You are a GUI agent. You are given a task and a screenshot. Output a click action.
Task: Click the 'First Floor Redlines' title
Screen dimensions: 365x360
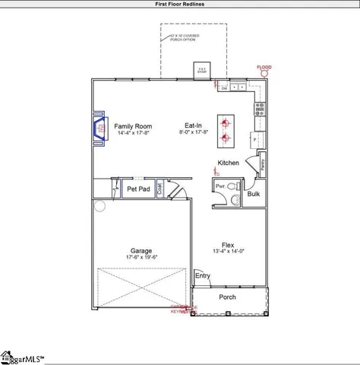[179, 4]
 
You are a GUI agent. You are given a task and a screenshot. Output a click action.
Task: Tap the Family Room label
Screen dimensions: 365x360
[133, 125]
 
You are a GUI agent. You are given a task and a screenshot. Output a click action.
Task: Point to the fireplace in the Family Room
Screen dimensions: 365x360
[99, 129]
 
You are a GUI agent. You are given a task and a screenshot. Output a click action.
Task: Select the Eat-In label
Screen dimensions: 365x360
[193, 125]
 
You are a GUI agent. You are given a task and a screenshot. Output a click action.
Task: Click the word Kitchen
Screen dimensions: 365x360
[229, 163]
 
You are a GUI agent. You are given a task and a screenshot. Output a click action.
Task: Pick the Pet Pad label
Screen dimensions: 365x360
[137, 189]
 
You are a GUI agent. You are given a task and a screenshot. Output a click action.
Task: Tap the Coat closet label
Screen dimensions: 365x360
[159, 189]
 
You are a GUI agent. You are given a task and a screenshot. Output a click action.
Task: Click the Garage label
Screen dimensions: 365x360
[141, 250]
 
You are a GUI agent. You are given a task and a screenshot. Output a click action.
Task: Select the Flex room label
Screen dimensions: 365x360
[227, 245]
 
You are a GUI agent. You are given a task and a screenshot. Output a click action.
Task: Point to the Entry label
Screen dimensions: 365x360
[203, 276]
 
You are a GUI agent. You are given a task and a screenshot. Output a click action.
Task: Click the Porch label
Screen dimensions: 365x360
[228, 297]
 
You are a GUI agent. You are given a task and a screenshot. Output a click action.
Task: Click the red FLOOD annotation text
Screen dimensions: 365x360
[264, 68]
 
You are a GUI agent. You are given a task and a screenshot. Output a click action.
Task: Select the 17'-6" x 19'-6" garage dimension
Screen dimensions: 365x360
[141, 257]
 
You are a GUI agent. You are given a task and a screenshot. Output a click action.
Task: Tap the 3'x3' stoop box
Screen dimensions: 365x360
[202, 69]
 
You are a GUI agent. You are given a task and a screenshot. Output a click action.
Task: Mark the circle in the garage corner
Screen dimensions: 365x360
[99, 206]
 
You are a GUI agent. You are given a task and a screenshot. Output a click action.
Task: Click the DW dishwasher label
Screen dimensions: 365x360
[225, 88]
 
